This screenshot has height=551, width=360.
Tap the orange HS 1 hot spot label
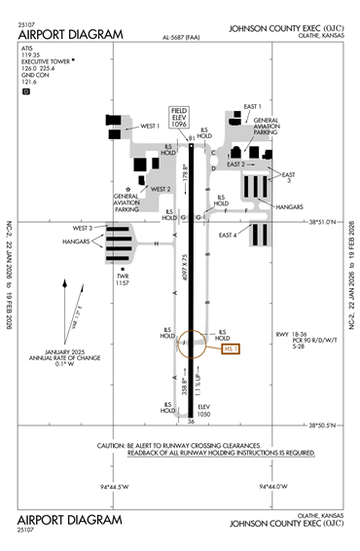pos(232,348)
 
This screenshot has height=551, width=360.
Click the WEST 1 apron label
pos(150,126)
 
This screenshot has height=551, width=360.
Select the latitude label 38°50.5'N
pos(328,424)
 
